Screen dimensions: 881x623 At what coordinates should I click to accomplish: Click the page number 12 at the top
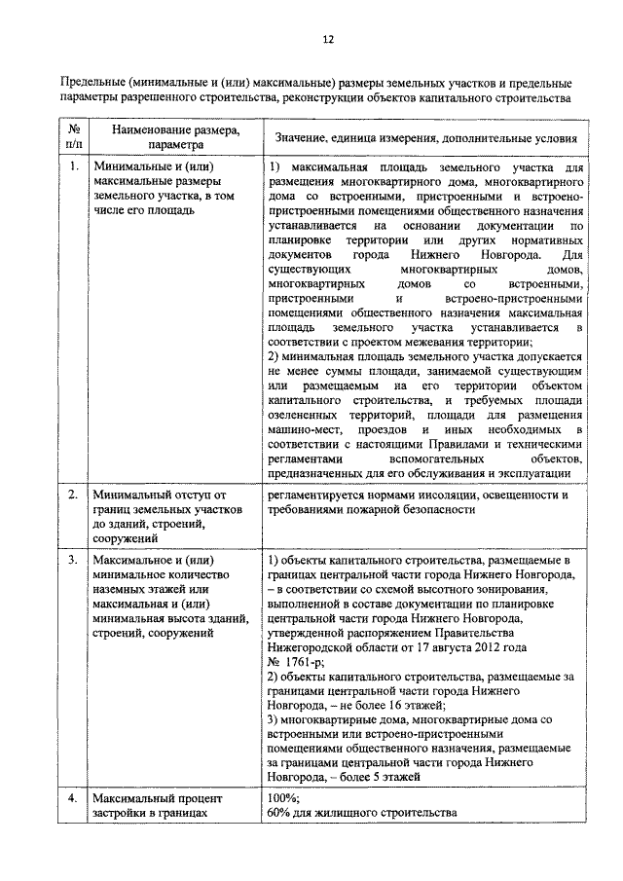point(327,39)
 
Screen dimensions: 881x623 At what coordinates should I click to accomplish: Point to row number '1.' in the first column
point(74,166)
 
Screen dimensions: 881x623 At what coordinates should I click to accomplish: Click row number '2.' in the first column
point(74,495)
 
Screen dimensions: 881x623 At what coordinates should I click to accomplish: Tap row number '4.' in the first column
point(74,798)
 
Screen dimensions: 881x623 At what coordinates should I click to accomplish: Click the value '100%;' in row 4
point(282,798)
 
